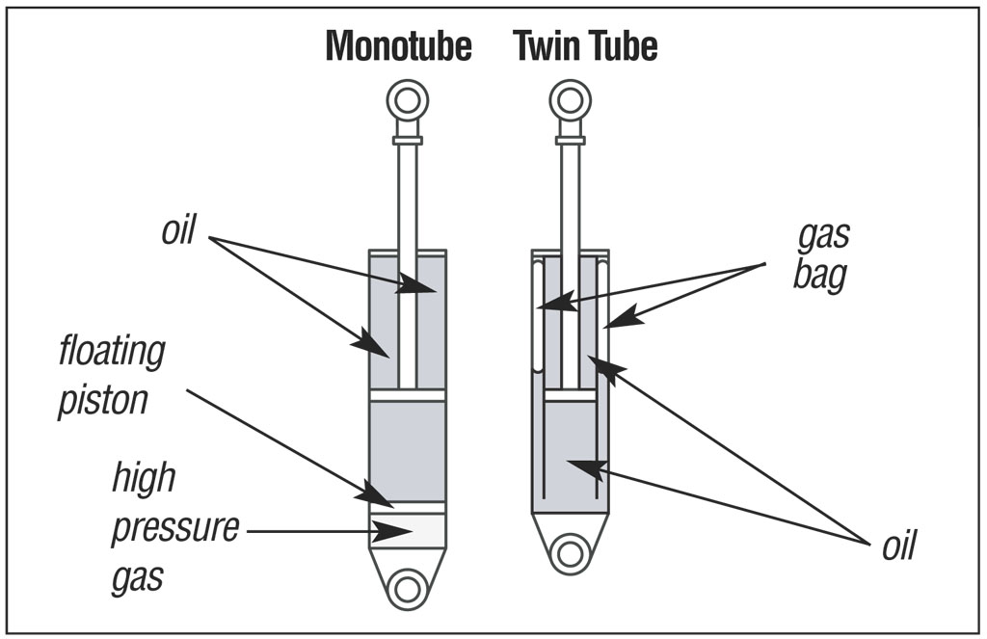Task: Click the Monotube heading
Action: [398, 45]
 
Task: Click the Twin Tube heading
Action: [585, 45]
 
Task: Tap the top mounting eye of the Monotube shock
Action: [407, 100]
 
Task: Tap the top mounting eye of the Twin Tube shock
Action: [570, 99]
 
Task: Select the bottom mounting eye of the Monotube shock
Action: [408, 588]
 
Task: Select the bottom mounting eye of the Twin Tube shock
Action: [571, 553]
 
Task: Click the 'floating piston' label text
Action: [111, 375]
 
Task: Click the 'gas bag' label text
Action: [821, 256]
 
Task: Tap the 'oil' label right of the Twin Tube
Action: [898, 545]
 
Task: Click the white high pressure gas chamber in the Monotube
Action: [424, 529]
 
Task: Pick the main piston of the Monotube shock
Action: [408, 395]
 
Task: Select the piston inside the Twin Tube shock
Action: [570, 395]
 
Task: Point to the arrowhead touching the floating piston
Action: [376, 494]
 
